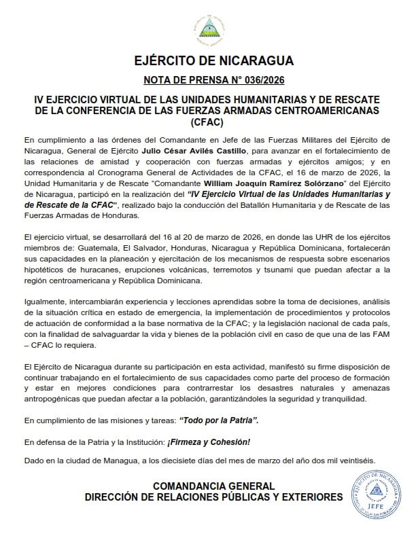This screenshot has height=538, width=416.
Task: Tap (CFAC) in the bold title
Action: coord(207,123)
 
